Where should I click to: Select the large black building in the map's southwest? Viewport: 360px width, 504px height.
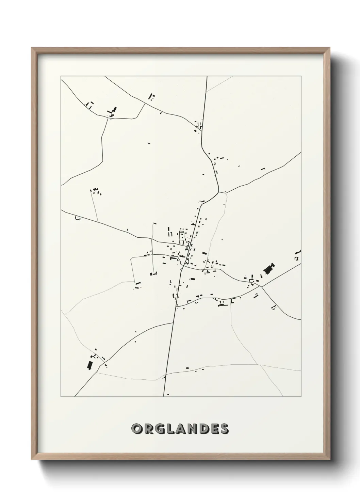click(90, 365)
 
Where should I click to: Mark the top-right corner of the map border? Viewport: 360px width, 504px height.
click(301, 77)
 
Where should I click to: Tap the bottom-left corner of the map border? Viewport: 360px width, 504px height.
click(61, 396)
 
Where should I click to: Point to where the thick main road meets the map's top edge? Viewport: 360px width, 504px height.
click(207, 77)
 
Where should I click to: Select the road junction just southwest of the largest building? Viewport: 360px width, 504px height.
click(261, 286)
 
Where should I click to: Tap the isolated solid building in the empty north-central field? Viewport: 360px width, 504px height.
click(148, 143)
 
